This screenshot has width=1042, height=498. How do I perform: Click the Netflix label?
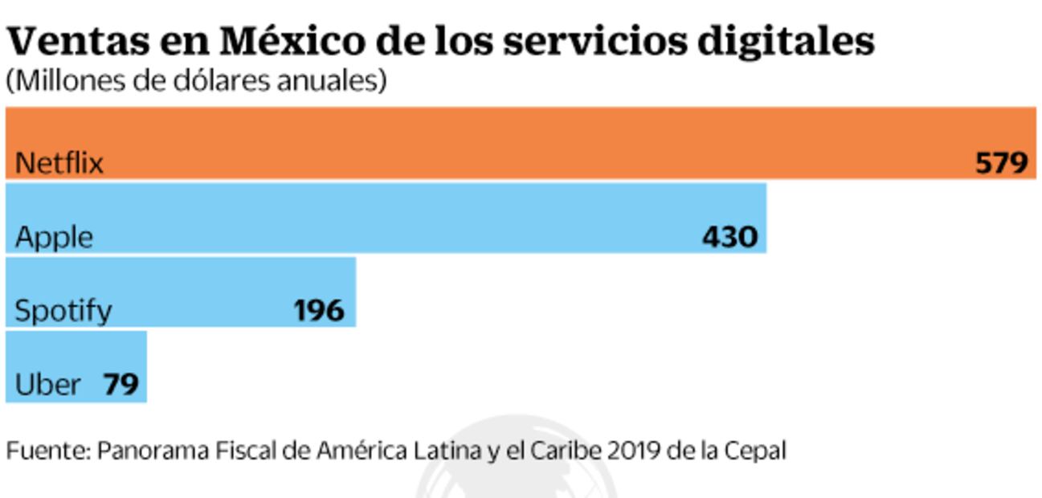point(59,164)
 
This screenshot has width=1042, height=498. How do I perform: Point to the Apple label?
point(54,238)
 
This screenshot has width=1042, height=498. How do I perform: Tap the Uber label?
point(48,385)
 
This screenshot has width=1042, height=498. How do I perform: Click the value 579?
point(1001,164)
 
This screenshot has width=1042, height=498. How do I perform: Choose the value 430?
point(729,238)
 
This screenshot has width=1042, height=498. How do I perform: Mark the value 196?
point(318,311)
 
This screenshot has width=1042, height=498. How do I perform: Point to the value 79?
point(121,385)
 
